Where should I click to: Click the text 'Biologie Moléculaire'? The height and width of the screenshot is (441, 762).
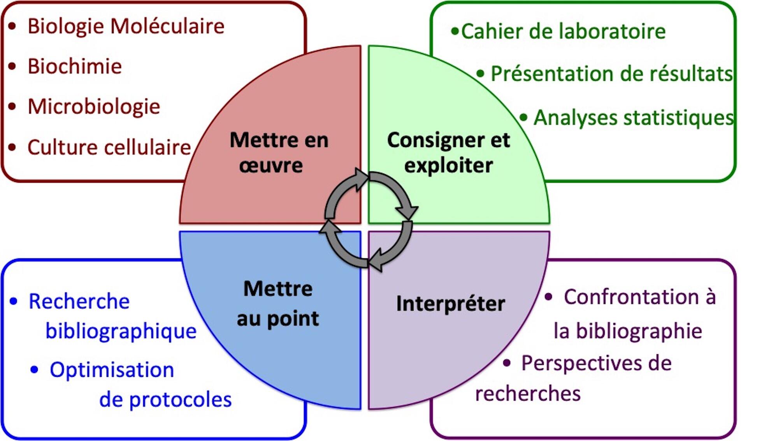(126, 26)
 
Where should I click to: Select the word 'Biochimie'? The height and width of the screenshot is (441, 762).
(75, 66)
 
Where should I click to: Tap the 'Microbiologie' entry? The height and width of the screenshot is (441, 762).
(94, 107)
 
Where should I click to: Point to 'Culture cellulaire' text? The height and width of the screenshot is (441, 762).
(109, 147)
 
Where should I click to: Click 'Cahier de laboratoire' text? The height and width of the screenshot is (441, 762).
(563, 31)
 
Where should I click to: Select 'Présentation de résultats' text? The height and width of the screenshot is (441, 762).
(611, 73)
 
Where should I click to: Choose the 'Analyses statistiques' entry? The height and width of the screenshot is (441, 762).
(634, 117)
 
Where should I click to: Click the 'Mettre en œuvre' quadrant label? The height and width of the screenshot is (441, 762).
(279, 152)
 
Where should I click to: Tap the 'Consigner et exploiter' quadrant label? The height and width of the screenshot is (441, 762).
(448, 152)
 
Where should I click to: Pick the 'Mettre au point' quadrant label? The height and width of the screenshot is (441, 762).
(278, 303)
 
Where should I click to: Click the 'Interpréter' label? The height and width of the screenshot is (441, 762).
(450, 303)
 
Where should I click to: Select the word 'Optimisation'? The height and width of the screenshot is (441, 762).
(112, 369)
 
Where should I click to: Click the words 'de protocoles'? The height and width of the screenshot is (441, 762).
(165, 399)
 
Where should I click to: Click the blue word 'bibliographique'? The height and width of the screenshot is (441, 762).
(121, 331)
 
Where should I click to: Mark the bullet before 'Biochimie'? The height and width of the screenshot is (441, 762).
(12, 66)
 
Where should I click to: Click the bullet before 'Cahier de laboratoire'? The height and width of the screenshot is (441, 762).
(454, 31)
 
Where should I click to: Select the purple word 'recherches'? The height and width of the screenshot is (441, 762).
(528, 394)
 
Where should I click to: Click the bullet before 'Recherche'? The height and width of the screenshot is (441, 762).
(14, 301)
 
